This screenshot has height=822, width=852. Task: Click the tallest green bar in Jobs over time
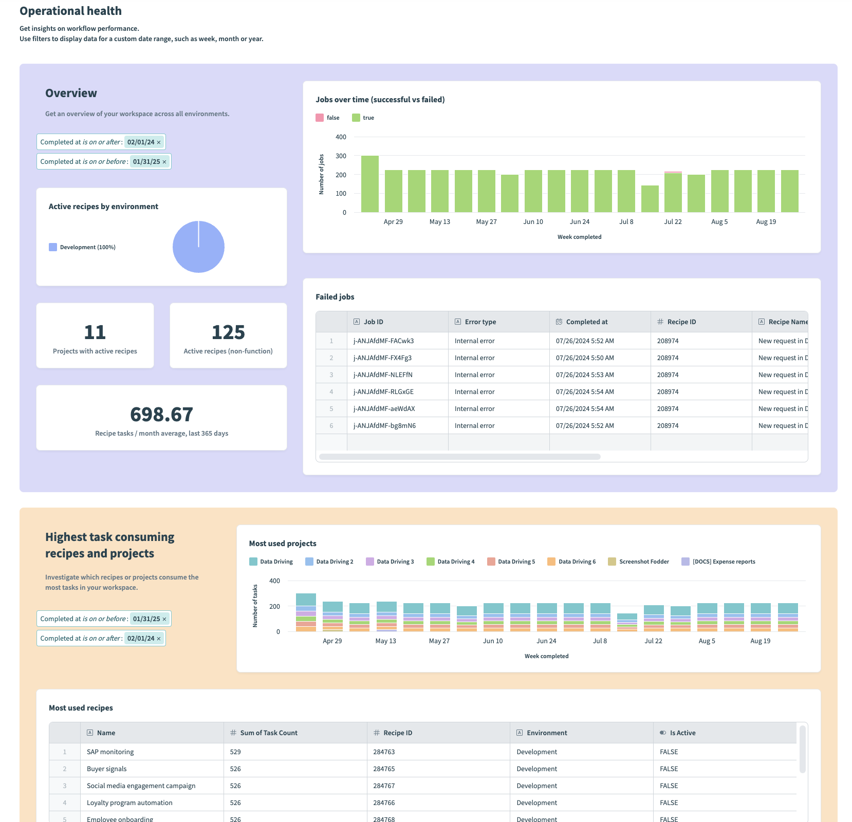point(370,184)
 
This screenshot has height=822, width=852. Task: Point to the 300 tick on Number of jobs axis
point(341,156)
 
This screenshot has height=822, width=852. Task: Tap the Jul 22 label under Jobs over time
point(673,222)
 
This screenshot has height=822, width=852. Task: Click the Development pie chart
point(198,247)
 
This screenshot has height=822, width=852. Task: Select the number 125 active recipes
point(228,332)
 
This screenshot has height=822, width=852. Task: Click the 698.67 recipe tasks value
point(161,415)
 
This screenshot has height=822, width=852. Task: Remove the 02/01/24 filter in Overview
point(159,142)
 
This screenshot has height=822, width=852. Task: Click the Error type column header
point(480,322)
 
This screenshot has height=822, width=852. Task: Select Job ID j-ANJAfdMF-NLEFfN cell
point(383,375)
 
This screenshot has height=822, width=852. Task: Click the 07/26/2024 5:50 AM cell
point(585,358)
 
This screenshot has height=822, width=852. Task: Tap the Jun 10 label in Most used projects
point(493,641)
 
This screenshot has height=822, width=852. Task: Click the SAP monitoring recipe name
point(110,752)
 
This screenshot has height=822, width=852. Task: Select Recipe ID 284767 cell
point(384,786)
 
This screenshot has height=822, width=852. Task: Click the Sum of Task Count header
point(268,733)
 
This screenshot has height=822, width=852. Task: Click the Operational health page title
point(70,11)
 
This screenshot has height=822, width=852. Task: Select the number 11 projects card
point(95,332)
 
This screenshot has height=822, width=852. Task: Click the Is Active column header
point(682,733)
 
